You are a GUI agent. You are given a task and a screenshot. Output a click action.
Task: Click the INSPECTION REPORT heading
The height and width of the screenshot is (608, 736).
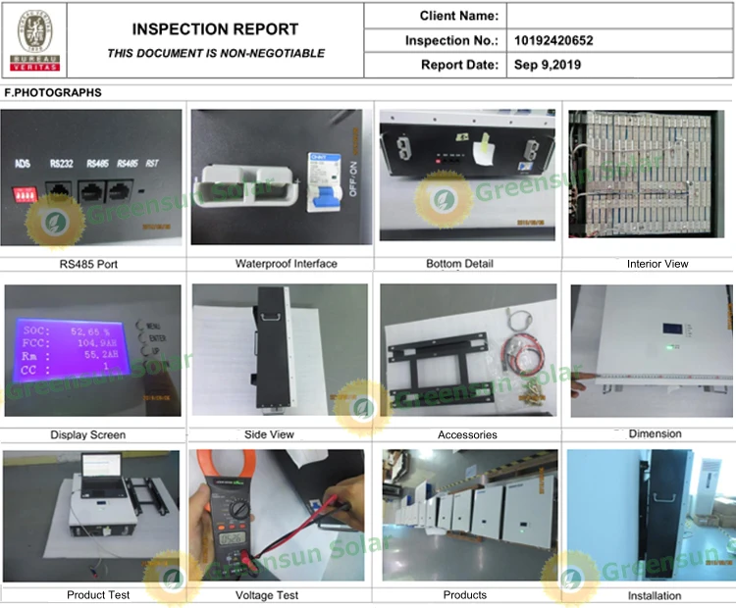pyautogui.click(x=215, y=29)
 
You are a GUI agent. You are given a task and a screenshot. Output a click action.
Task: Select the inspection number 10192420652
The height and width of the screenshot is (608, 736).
pyautogui.click(x=553, y=40)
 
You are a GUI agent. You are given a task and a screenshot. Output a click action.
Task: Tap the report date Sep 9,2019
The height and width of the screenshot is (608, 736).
pyautogui.click(x=547, y=66)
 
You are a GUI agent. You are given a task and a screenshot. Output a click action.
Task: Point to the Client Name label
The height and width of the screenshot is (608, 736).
pyautogui.click(x=458, y=16)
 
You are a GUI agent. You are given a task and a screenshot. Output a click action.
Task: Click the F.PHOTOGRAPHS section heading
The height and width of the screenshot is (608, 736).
pyautogui.click(x=53, y=92)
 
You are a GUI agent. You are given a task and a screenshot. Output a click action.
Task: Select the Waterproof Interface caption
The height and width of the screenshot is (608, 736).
pyautogui.click(x=286, y=264)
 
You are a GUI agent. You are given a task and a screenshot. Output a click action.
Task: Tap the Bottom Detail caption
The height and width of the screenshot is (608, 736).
pyautogui.click(x=459, y=264)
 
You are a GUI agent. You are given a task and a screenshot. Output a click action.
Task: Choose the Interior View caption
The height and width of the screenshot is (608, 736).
pyautogui.click(x=657, y=264)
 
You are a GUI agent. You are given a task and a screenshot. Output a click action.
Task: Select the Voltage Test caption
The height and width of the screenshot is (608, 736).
pyautogui.click(x=267, y=595)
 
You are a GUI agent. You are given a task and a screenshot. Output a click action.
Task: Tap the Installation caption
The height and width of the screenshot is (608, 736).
pyautogui.click(x=655, y=595)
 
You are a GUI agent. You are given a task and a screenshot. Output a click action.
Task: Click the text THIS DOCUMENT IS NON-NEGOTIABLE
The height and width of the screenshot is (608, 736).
pyautogui.click(x=215, y=53)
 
